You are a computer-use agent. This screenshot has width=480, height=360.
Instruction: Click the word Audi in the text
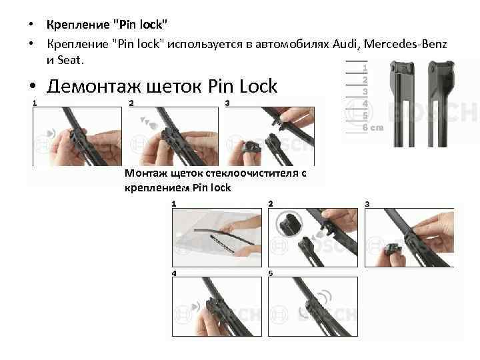tap(345, 44)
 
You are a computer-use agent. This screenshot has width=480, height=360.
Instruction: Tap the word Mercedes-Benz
tap(405, 44)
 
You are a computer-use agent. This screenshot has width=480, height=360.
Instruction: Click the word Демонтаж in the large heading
tap(94, 86)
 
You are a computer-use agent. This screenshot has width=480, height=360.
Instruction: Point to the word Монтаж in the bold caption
tap(146, 173)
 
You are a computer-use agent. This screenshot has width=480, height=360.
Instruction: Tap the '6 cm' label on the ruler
tap(373, 127)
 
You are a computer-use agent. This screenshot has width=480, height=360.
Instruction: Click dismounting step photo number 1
tap(77, 137)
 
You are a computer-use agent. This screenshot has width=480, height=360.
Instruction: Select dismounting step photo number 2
tap(174, 137)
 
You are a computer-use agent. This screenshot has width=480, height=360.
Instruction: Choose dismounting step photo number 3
tap(270, 137)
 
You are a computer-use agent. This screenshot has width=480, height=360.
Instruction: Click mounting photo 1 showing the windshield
tap(217, 237)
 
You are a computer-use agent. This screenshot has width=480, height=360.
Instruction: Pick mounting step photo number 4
tap(217, 307)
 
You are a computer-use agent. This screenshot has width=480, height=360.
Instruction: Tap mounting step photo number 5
tap(313, 307)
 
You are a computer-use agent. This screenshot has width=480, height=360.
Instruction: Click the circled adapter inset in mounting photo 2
tap(289, 224)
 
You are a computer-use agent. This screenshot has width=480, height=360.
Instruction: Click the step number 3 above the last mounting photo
tap(367, 204)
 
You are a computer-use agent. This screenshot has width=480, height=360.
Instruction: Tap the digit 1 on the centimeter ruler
tap(365, 68)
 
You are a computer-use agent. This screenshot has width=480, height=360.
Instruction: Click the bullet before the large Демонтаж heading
tap(33, 86)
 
